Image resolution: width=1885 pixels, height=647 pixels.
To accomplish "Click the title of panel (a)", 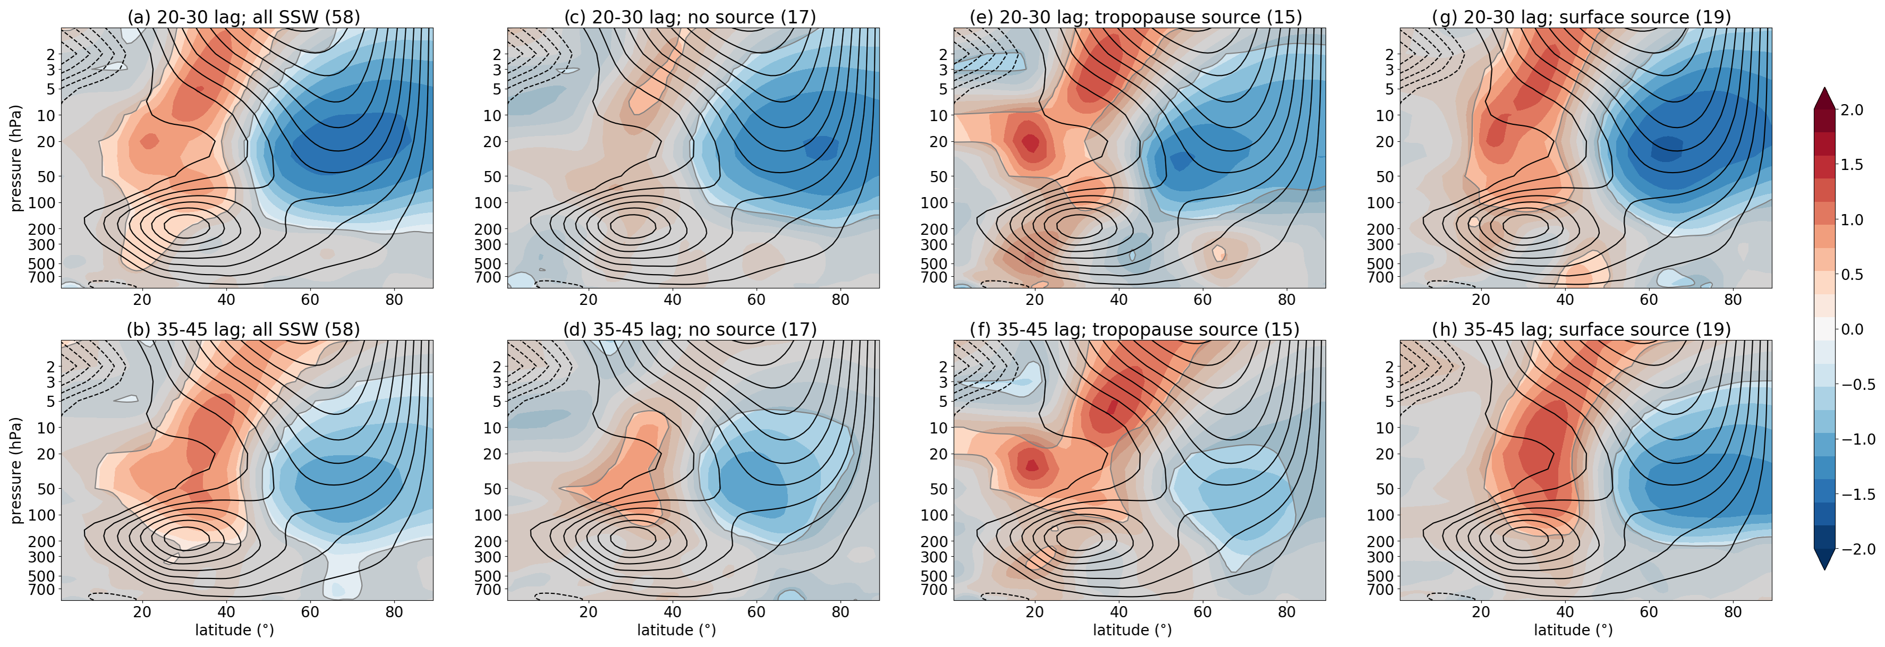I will click(244, 17).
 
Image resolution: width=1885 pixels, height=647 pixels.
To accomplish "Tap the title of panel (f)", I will click(1134, 329).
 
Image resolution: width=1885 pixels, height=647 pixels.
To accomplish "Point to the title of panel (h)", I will click(1581, 329).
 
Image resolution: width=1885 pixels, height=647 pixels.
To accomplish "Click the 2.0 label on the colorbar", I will click(1852, 110).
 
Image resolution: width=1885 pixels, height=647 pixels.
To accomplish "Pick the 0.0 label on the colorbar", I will click(1852, 329).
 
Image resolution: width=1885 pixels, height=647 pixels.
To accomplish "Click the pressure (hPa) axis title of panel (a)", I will click(16, 158).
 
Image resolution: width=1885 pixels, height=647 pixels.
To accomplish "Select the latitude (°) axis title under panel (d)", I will click(676, 630).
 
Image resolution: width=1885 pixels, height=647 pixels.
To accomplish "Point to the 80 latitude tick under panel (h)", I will click(1733, 612).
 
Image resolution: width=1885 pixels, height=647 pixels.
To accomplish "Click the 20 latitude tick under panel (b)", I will click(142, 612).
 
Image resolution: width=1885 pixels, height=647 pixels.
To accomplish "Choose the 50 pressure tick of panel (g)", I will click(1385, 176).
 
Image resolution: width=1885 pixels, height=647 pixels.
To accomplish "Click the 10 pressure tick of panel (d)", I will click(492, 428).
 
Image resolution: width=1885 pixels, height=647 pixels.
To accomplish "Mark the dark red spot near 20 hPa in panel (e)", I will click(1031, 142).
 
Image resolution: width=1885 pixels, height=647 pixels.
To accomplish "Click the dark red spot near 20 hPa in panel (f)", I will click(1032, 465).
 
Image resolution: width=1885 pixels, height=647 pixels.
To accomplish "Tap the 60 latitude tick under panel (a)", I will click(310, 300).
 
